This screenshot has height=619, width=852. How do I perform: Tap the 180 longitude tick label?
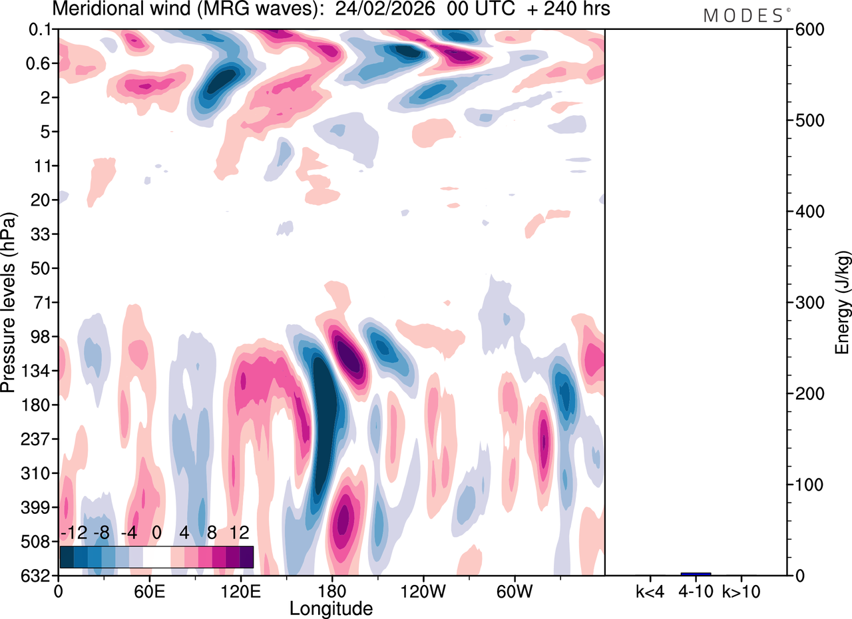pos(331,590)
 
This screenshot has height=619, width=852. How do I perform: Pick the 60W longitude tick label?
pos(514,590)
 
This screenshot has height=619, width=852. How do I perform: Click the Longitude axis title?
pos(331,608)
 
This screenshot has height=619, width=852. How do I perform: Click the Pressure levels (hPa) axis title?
pos(9,303)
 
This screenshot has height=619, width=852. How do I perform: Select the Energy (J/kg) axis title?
pos(842,303)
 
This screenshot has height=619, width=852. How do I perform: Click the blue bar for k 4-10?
pos(696,574)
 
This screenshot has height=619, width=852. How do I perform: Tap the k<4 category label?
pos(650,590)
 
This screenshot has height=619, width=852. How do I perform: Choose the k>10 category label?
pos(741,590)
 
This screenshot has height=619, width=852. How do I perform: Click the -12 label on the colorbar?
pos(74,533)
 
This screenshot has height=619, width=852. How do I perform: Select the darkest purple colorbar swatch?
pos(246,556)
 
